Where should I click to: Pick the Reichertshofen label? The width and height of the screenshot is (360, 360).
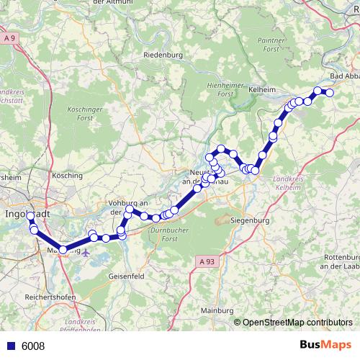pos(50,296)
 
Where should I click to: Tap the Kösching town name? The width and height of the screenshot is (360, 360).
pos(68,174)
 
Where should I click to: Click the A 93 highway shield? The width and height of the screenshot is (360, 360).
pos(207,261)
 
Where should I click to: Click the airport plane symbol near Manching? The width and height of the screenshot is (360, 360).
pos(88,253)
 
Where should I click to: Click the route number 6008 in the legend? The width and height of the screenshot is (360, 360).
pos(33,346)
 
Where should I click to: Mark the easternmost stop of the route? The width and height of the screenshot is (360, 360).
pos(330,93)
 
